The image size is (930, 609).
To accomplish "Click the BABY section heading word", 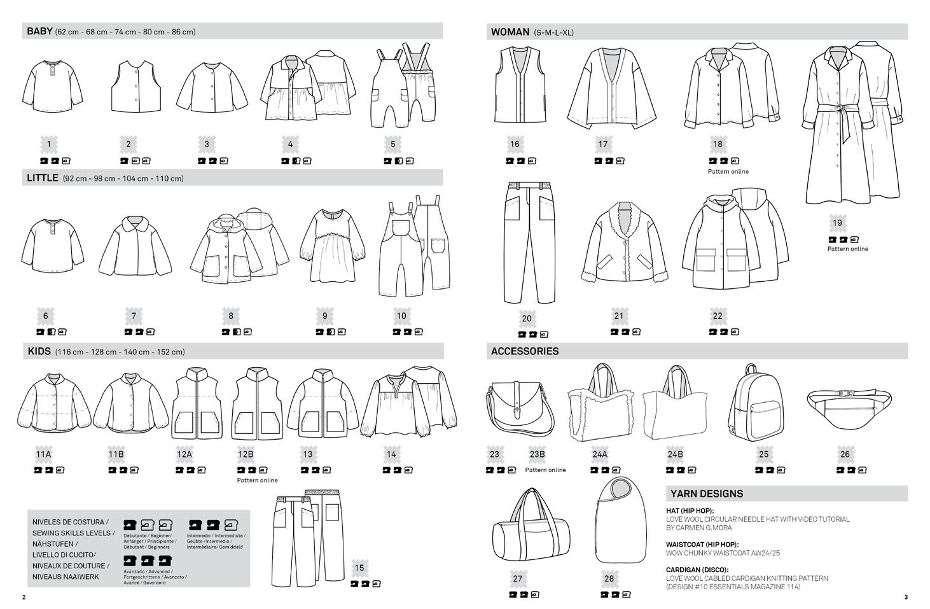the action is point(39,31).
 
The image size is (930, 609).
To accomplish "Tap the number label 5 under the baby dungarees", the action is point(392,144).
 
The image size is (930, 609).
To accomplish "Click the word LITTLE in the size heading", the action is point(43,178).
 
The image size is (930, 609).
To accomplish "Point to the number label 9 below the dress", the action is point(325,316).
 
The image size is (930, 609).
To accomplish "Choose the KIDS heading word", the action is point(39,351).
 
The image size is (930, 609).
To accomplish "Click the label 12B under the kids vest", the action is point(246,454).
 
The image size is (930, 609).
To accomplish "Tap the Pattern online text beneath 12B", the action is point(257,480).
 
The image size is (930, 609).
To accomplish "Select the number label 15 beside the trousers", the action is point(359,568).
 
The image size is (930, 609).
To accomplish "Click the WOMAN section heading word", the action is point(510,32).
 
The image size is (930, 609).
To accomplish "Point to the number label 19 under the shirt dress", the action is point(837,223).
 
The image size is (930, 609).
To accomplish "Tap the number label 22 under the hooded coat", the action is point(718,316).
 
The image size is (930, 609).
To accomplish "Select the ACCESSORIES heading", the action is point(525,351).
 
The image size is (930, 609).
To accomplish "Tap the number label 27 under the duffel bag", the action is point(517,579).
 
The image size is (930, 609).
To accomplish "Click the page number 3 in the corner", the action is point(906,597).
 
